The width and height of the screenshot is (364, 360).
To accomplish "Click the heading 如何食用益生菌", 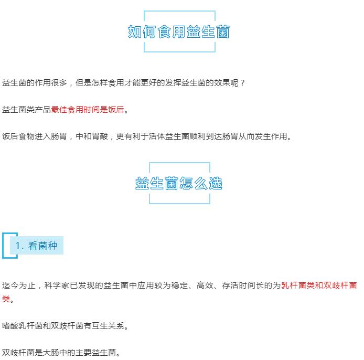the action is point(178,31).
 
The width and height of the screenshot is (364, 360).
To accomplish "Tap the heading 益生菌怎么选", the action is point(179,183).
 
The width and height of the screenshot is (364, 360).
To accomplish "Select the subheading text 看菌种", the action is point(42,246).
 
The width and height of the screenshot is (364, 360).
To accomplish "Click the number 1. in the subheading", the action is point(19,246).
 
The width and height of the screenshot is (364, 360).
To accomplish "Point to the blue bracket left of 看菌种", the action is point(3,246).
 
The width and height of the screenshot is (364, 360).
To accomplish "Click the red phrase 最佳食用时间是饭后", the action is point(88,109).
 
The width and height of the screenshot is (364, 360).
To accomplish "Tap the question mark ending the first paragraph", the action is point(243,83).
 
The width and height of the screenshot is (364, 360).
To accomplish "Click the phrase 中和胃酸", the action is point(92,136).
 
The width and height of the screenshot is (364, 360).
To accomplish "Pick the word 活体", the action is point(157,136).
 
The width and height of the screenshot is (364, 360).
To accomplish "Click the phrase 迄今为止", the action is point(18,285).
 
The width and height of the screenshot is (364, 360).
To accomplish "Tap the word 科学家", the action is point(57,285).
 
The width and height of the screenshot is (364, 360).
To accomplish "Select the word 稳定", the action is point(179,285).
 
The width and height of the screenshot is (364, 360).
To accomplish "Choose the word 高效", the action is point(205,285).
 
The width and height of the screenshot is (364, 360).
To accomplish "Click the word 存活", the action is point(230,285).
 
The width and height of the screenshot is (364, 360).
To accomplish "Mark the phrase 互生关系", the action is point(108,325).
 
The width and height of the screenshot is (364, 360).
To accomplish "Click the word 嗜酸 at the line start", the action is point(10,325).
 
